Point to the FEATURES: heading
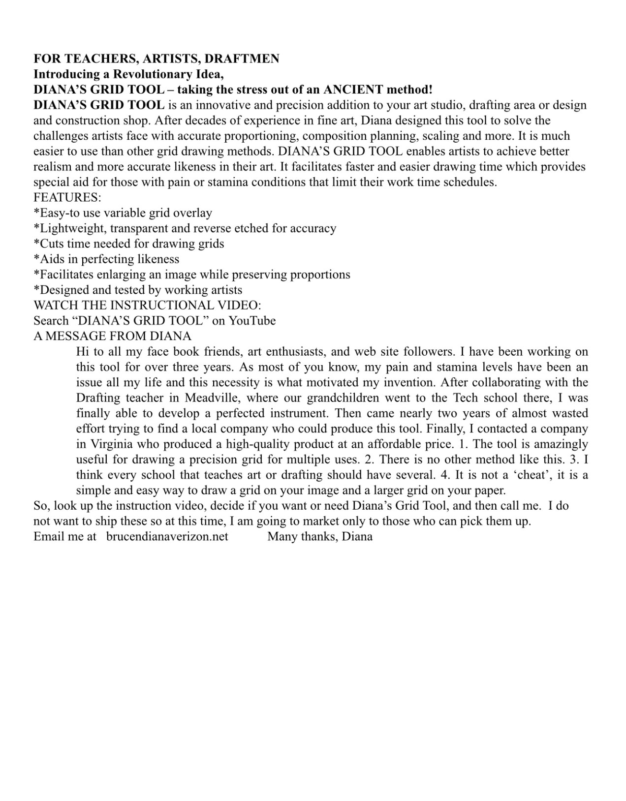tap(67, 197)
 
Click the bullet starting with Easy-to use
tap(123, 213)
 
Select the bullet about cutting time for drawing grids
tap(129, 244)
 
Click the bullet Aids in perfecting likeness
tap(106, 259)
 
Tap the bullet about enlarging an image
tap(192, 274)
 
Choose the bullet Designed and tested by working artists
tap(138, 290)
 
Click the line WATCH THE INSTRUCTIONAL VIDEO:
tap(147, 305)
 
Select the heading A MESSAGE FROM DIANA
tap(112, 336)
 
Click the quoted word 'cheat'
tap(520, 475)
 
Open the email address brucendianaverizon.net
tap(167, 536)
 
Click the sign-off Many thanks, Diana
tap(320, 536)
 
